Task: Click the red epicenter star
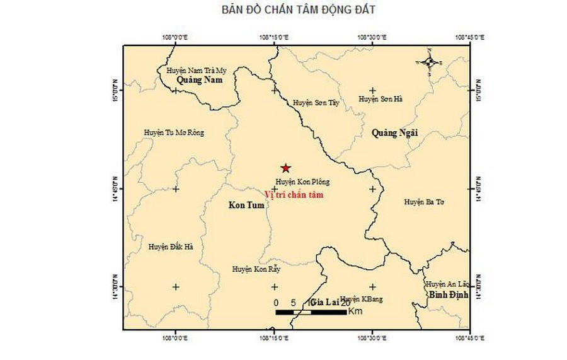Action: coord(286,168)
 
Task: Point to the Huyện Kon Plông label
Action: coord(302,182)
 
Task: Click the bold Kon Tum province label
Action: coord(246,206)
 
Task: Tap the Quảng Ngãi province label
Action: coord(395,132)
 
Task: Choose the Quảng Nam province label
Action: coord(200,80)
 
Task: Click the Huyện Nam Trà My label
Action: coord(196,71)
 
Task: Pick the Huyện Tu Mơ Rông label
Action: coord(175,132)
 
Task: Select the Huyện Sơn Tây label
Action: coord(316,102)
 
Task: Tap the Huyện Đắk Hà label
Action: coord(171,247)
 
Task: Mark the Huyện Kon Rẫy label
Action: coord(256,269)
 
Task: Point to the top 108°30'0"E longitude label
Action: coord(372,37)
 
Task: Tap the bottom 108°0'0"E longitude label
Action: coord(176,338)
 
